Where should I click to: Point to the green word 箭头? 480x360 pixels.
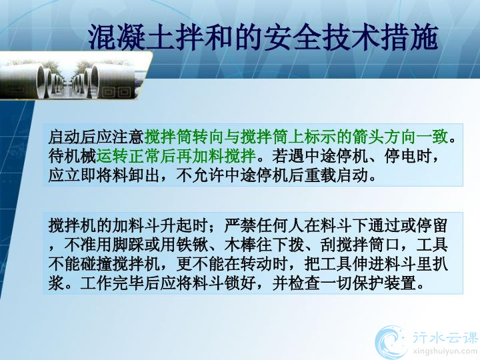368,137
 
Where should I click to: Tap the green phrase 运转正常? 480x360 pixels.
128,156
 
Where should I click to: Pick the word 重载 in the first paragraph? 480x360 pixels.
319,175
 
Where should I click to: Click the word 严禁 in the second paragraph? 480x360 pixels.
240,225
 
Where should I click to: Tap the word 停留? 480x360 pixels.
431,225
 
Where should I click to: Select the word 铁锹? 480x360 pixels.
192,245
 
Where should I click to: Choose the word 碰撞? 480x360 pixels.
96,263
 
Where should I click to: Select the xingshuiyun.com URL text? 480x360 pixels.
445,351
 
